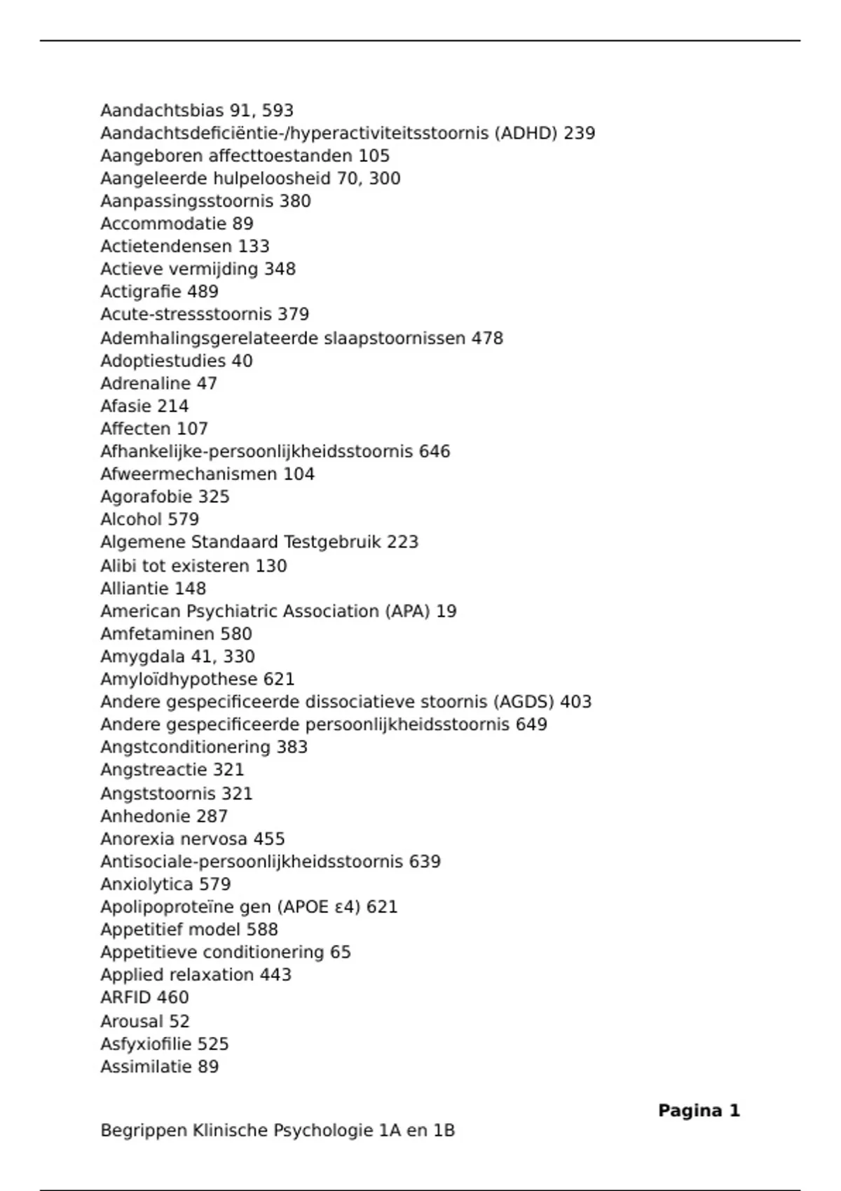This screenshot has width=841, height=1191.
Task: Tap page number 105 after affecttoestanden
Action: [x=374, y=156]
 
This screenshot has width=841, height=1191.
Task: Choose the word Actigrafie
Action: [x=141, y=291]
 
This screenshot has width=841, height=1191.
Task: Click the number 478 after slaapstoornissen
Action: [x=487, y=338]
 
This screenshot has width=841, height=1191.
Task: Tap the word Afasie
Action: [x=125, y=406]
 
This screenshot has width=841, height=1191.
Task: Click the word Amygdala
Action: [x=142, y=657]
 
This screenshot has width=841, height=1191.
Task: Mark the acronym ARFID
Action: [x=125, y=998]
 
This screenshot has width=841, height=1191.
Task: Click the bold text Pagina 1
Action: [x=699, y=1110]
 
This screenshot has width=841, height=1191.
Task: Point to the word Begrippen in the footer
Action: [x=144, y=1131]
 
